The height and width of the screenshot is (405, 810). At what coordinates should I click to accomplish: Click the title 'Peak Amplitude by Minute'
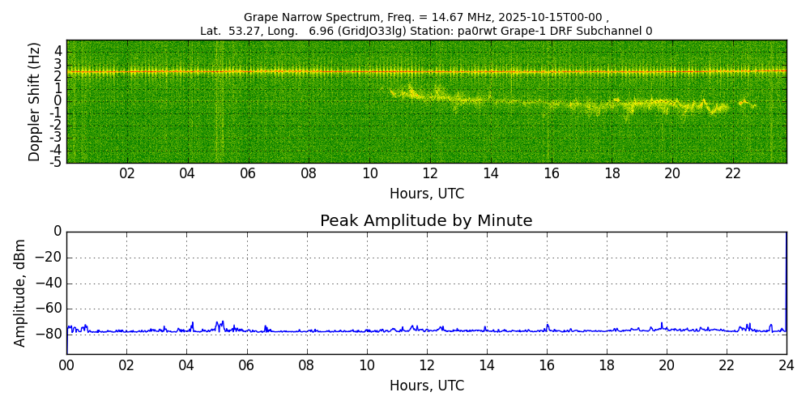[x=426, y=221]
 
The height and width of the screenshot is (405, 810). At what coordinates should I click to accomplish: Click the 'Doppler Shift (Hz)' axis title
[x=35, y=101]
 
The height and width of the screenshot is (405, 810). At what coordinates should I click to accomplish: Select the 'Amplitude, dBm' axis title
[x=21, y=292]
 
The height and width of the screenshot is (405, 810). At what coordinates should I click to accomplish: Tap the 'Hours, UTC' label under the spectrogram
[x=426, y=194]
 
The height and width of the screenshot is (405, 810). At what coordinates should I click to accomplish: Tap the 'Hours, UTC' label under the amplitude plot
[x=426, y=386]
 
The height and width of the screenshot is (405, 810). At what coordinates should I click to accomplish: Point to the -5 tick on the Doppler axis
[x=57, y=162]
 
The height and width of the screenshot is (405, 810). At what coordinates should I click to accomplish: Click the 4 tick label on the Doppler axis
[x=58, y=50]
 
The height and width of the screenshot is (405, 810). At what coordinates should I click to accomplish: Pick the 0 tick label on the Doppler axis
[x=58, y=100]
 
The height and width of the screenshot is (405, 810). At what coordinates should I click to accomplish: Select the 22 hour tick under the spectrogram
[x=733, y=173]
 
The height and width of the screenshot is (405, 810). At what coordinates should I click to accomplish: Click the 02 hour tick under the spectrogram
[x=127, y=173]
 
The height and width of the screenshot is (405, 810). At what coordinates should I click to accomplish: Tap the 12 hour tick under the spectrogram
[x=430, y=173]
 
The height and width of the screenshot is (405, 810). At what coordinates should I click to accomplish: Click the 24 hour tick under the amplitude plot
[x=787, y=365]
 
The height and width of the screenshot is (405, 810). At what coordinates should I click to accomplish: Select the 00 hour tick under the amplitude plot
[x=66, y=365]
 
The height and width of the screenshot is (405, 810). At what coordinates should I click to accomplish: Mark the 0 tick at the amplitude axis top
[x=58, y=232]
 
